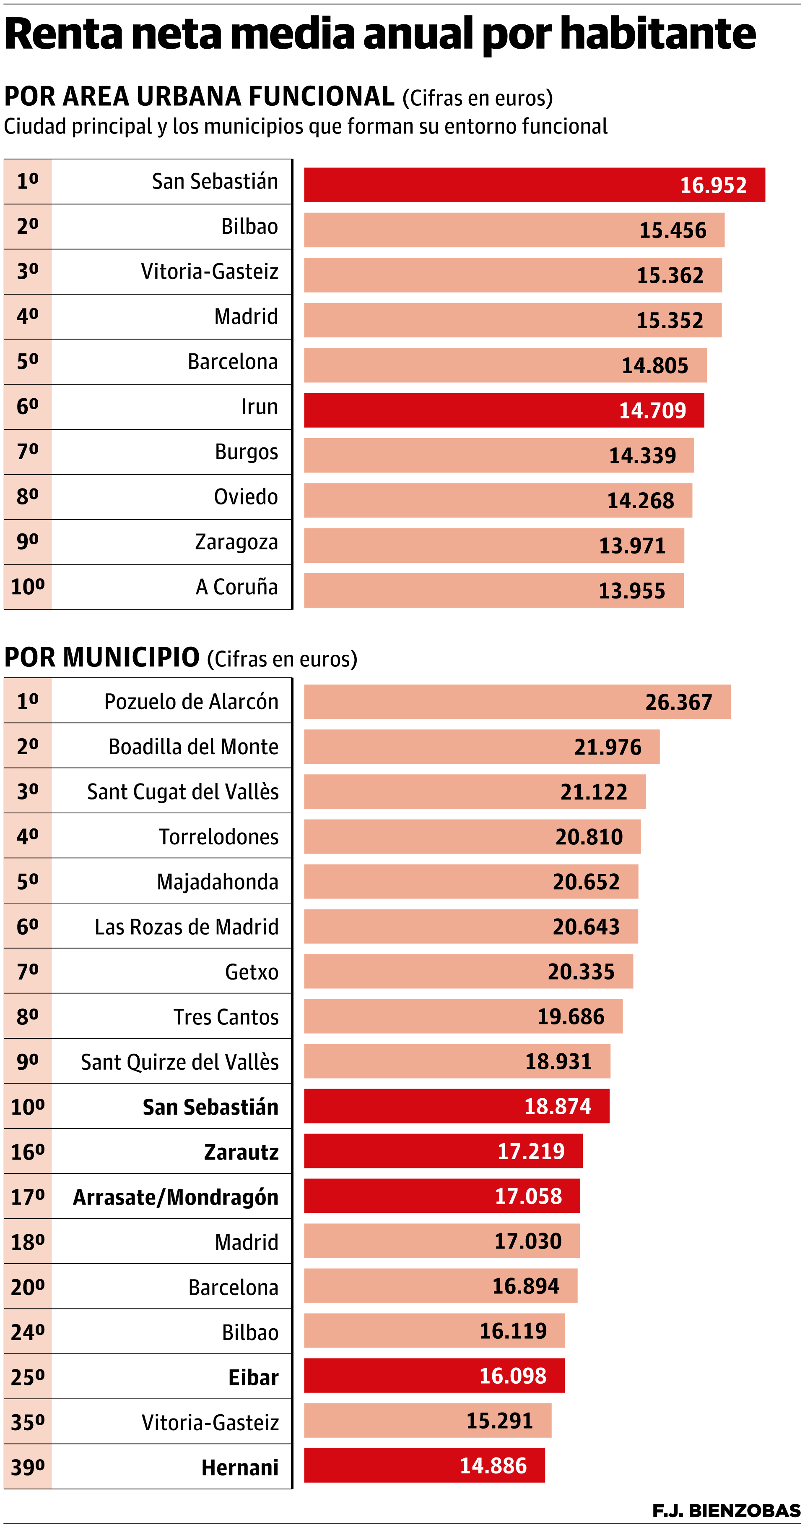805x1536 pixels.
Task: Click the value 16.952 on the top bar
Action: click(713, 185)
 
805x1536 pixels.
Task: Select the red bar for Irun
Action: click(504, 410)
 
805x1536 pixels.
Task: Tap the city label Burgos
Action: click(246, 452)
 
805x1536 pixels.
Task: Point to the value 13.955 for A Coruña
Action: click(631, 591)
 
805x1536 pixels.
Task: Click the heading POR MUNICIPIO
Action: click(102, 658)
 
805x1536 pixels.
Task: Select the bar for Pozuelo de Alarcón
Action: click(517, 702)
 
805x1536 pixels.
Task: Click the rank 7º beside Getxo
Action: click(27, 971)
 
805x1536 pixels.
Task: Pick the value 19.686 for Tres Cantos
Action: click(571, 1016)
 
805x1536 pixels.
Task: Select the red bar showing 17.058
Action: click(441, 1196)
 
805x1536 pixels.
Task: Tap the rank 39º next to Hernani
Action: click(27, 1467)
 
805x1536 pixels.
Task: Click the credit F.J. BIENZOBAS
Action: click(726, 1510)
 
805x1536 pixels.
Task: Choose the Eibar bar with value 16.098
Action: click(434, 1376)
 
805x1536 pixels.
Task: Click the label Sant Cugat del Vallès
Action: click(182, 792)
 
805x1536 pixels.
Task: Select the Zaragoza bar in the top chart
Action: click(493, 546)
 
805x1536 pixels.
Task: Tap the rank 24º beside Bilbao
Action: click(27, 1332)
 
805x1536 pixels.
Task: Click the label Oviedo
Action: click(246, 497)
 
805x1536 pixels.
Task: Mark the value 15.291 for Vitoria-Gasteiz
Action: click(499, 1421)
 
